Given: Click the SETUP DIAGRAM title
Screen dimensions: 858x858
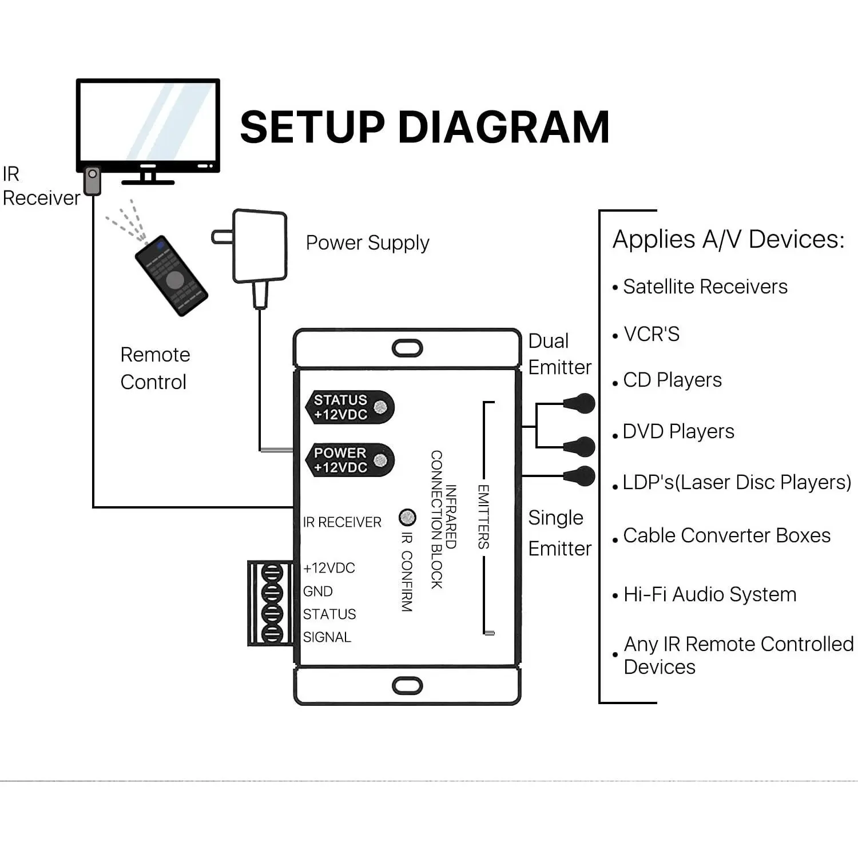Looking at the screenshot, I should coord(424,127).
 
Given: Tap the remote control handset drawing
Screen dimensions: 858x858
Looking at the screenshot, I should coord(171,276).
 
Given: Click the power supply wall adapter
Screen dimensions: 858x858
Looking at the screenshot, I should coord(259,247).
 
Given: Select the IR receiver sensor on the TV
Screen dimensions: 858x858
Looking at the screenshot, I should coord(92,180).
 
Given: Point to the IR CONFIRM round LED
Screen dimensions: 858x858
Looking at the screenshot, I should coord(407,518).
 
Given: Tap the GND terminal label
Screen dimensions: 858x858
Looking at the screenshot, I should coord(318,591).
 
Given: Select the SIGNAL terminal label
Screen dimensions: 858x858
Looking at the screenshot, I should coord(327,637).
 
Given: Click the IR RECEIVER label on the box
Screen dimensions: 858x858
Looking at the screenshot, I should coord(342,522).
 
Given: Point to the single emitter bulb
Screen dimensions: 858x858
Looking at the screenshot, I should coord(581,476).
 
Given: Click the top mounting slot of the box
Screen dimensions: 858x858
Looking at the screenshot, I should coord(407,348).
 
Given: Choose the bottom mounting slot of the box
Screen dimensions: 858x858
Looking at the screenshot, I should coord(407,685).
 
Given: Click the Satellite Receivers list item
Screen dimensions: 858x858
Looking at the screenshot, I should coord(705,287).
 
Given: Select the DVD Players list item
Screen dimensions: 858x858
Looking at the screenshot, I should coord(678,431).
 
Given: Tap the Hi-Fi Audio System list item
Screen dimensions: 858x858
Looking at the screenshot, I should coord(709,594).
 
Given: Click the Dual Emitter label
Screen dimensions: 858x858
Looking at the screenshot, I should coord(559,354).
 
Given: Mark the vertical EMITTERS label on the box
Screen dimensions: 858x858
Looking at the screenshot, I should coord(483,517).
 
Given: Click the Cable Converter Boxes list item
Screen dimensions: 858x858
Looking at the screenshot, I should coord(726,535).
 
